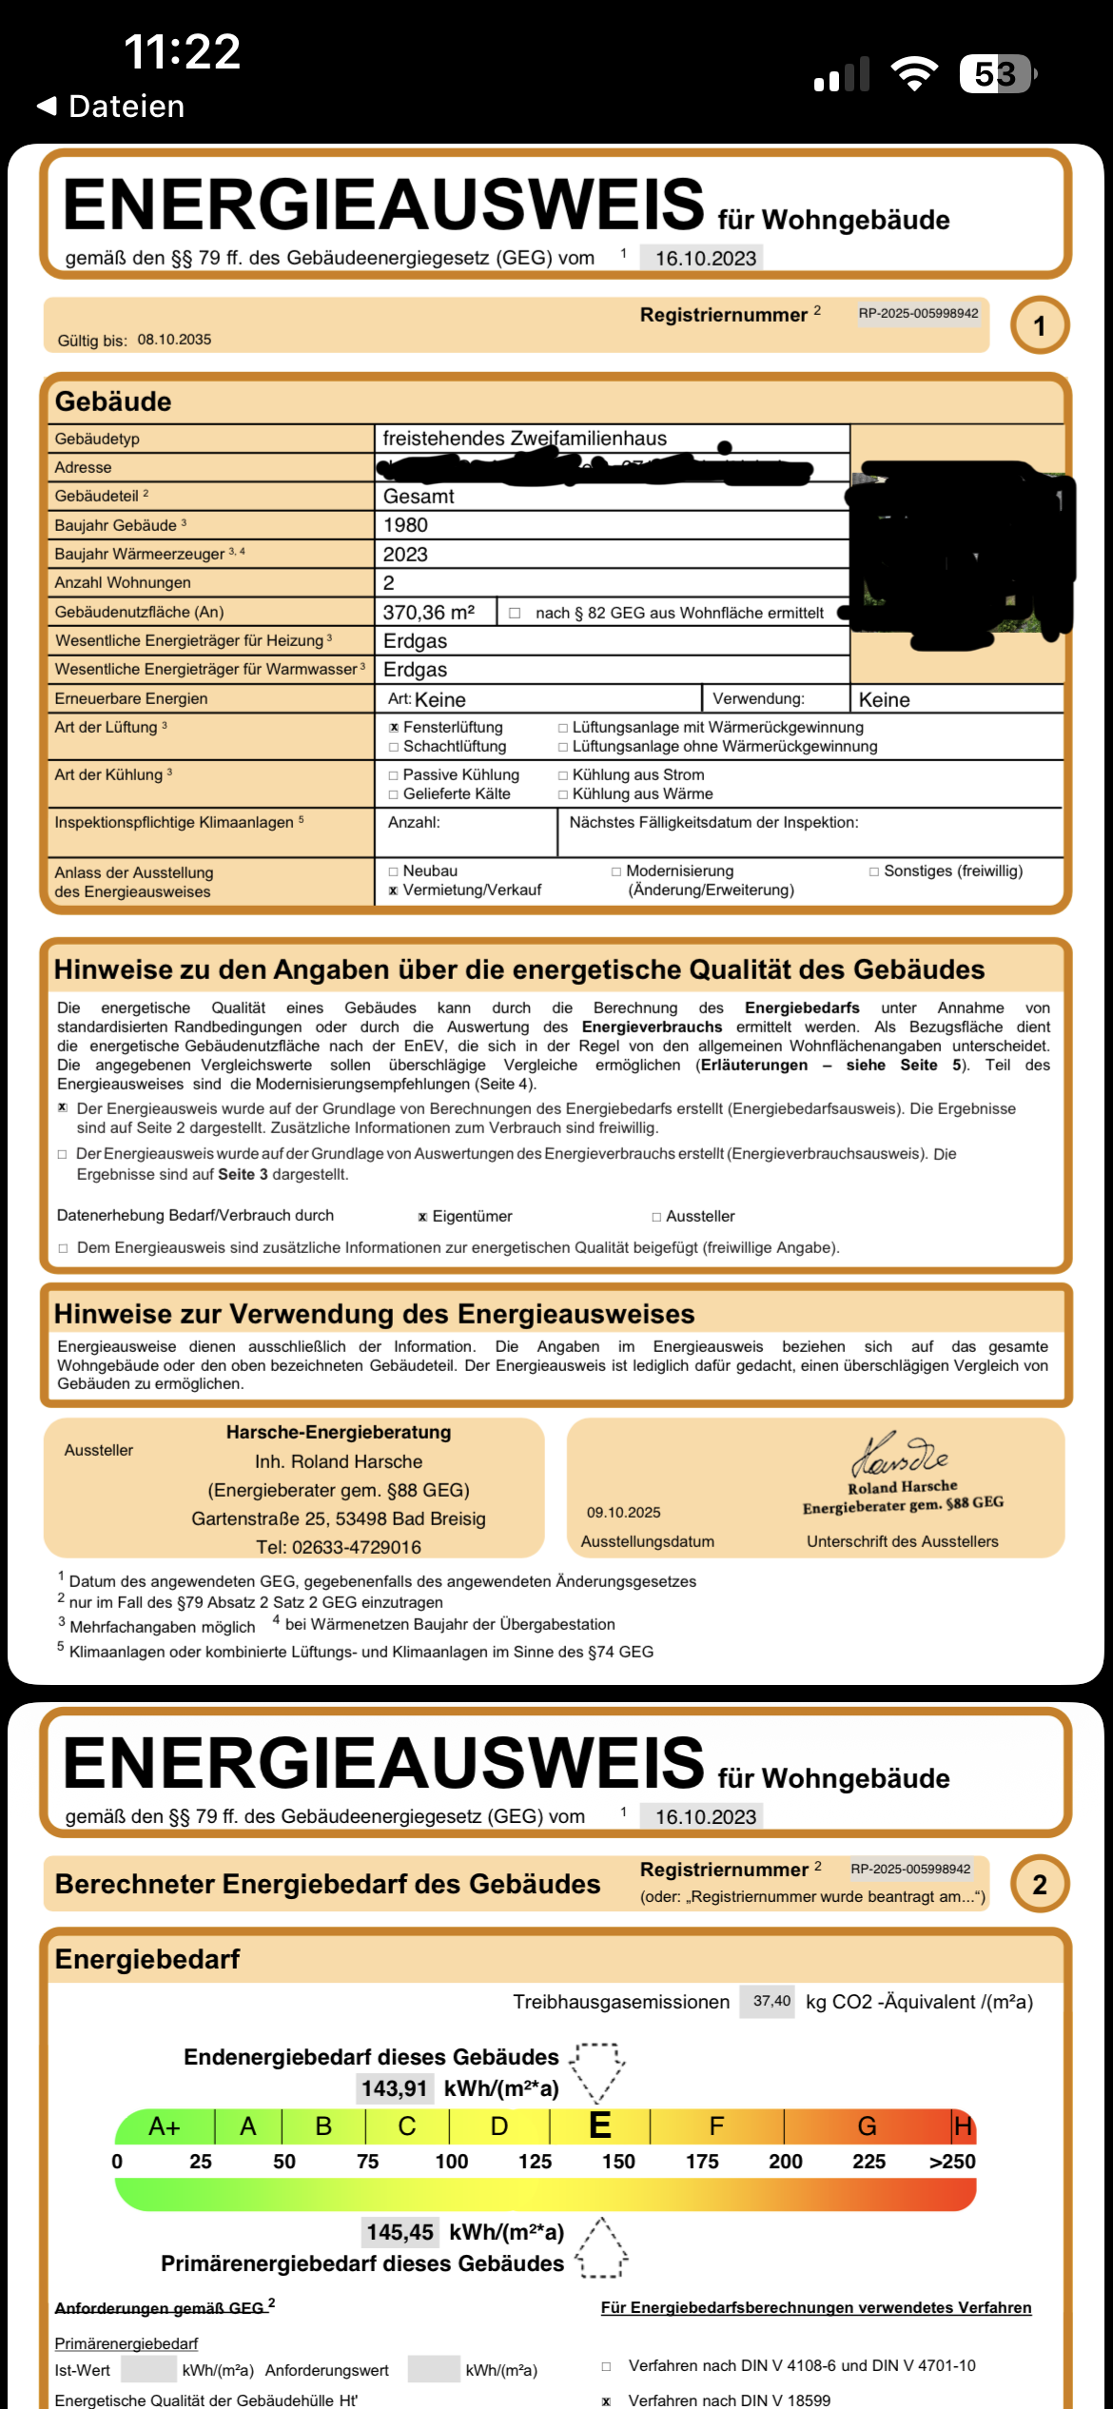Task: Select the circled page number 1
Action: (x=1039, y=326)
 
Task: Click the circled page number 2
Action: (x=1039, y=1884)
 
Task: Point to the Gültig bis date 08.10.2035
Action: (x=174, y=340)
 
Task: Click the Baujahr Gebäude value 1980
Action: (x=405, y=525)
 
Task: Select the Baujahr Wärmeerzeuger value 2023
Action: (x=405, y=555)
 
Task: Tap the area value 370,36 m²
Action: (x=428, y=613)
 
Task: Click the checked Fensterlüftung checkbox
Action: (x=394, y=728)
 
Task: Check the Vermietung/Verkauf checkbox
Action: (x=394, y=891)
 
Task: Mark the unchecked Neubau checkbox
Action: (x=394, y=872)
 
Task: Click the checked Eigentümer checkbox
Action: (x=422, y=1217)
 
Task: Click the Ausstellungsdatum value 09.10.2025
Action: (x=623, y=1513)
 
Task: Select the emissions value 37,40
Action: (x=771, y=2001)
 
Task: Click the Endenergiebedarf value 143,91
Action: (x=394, y=2088)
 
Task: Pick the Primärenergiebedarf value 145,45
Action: (x=400, y=2232)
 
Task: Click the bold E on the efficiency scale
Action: (x=600, y=2125)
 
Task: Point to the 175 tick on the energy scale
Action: (x=702, y=2162)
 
